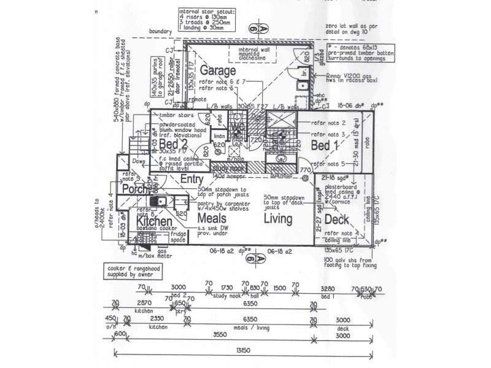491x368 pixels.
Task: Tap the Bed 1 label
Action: coord(322,145)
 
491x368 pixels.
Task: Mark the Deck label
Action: coord(337,220)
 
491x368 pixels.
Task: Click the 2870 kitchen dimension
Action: coord(143,303)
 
